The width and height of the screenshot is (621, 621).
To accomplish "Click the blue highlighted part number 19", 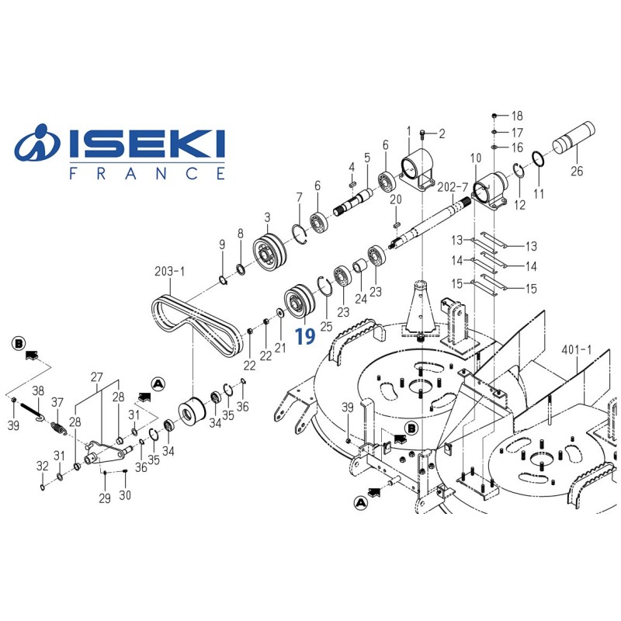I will click(305, 336).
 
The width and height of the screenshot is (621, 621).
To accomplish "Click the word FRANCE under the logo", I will click(147, 174).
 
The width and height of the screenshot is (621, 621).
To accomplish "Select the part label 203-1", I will click(170, 272).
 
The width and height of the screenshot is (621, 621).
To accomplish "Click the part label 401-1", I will click(576, 350).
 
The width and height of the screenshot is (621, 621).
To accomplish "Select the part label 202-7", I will click(453, 187).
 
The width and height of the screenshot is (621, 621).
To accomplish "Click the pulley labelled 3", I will click(271, 252).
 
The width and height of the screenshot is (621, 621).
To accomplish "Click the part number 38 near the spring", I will click(37, 391).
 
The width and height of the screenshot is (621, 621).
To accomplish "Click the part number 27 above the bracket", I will click(97, 376).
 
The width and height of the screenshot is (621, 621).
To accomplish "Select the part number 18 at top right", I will click(517, 116).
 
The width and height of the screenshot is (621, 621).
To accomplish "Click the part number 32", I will click(42, 466).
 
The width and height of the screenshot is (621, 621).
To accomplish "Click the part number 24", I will click(359, 298).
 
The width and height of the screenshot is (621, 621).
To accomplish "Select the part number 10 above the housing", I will click(475, 159).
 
